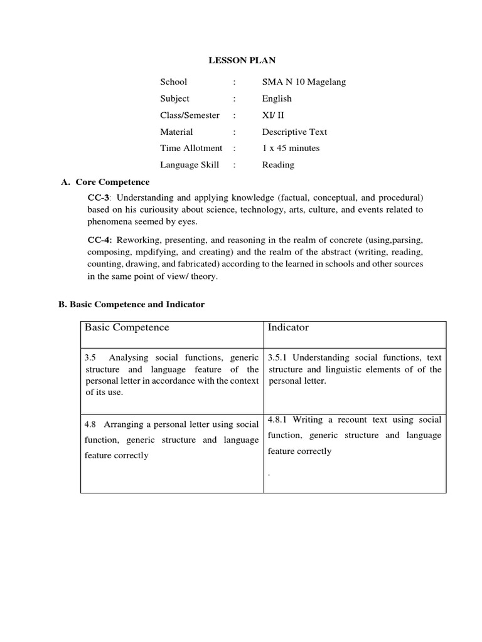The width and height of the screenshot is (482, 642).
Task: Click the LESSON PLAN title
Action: (x=242, y=60)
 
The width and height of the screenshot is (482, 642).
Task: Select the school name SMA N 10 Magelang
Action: (x=304, y=82)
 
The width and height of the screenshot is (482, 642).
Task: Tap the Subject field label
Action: (x=174, y=98)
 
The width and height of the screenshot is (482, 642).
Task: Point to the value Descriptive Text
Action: (x=294, y=132)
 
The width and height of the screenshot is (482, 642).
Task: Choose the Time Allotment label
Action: (x=191, y=148)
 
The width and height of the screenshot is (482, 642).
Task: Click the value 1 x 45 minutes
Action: (x=291, y=148)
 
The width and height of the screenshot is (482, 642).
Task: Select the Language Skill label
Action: (x=190, y=165)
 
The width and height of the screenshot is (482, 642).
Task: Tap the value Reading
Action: (x=278, y=165)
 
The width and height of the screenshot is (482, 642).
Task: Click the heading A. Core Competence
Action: (x=105, y=182)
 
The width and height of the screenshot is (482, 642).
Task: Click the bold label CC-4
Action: (x=99, y=240)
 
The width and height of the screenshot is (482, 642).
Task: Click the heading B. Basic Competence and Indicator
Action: (x=131, y=304)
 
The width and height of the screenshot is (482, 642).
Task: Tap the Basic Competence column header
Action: (x=127, y=327)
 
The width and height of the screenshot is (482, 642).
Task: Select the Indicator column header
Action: (x=288, y=327)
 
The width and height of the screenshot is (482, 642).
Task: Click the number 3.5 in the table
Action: (x=90, y=357)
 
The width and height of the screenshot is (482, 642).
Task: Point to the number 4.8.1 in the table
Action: (x=278, y=419)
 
